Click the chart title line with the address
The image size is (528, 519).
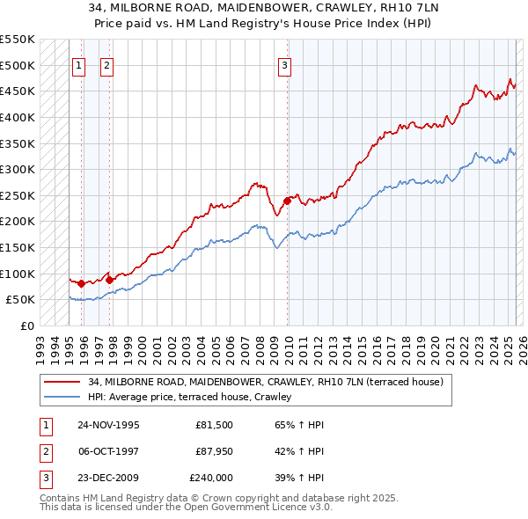click(x=263, y=8)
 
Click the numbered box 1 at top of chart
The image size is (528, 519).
click(x=79, y=64)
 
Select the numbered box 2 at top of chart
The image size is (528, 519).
click(x=106, y=64)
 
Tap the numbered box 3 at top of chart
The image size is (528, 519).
click(x=285, y=64)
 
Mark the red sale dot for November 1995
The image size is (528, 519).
click(x=81, y=283)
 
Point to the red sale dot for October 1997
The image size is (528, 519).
click(x=109, y=280)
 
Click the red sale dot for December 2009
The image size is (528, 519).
click(x=287, y=201)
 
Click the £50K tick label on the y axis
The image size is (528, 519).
click(x=20, y=299)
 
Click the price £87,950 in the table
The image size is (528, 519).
click(x=214, y=451)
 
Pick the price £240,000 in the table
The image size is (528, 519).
click(x=211, y=478)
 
